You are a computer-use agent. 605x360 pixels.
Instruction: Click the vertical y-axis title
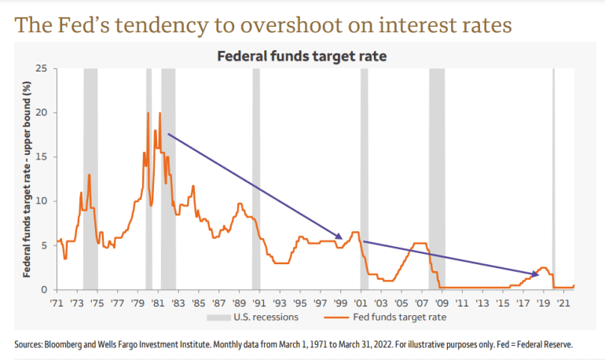pyautogui.click(x=26, y=179)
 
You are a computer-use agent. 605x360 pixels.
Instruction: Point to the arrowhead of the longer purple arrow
pyautogui.click(x=341, y=237)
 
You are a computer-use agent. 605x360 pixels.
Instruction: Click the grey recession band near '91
pyautogui.click(x=256, y=179)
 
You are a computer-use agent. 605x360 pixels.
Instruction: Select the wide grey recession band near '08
pyautogui.click(x=436, y=179)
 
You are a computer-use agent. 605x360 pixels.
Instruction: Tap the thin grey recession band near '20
pyautogui.click(x=553, y=179)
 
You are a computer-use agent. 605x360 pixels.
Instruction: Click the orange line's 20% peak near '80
pyautogui.click(x=148, y=113)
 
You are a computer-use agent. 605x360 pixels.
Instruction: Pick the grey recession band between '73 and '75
pyautogui.click(x=90, y=179)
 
